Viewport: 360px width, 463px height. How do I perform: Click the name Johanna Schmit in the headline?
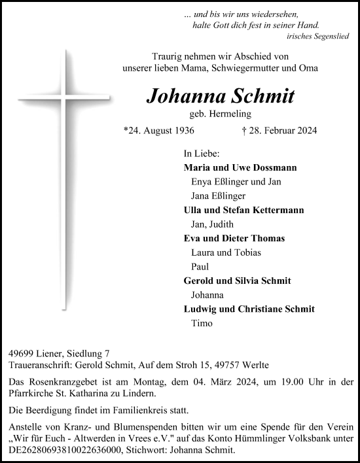pyautogui.click(x=221, y=96)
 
